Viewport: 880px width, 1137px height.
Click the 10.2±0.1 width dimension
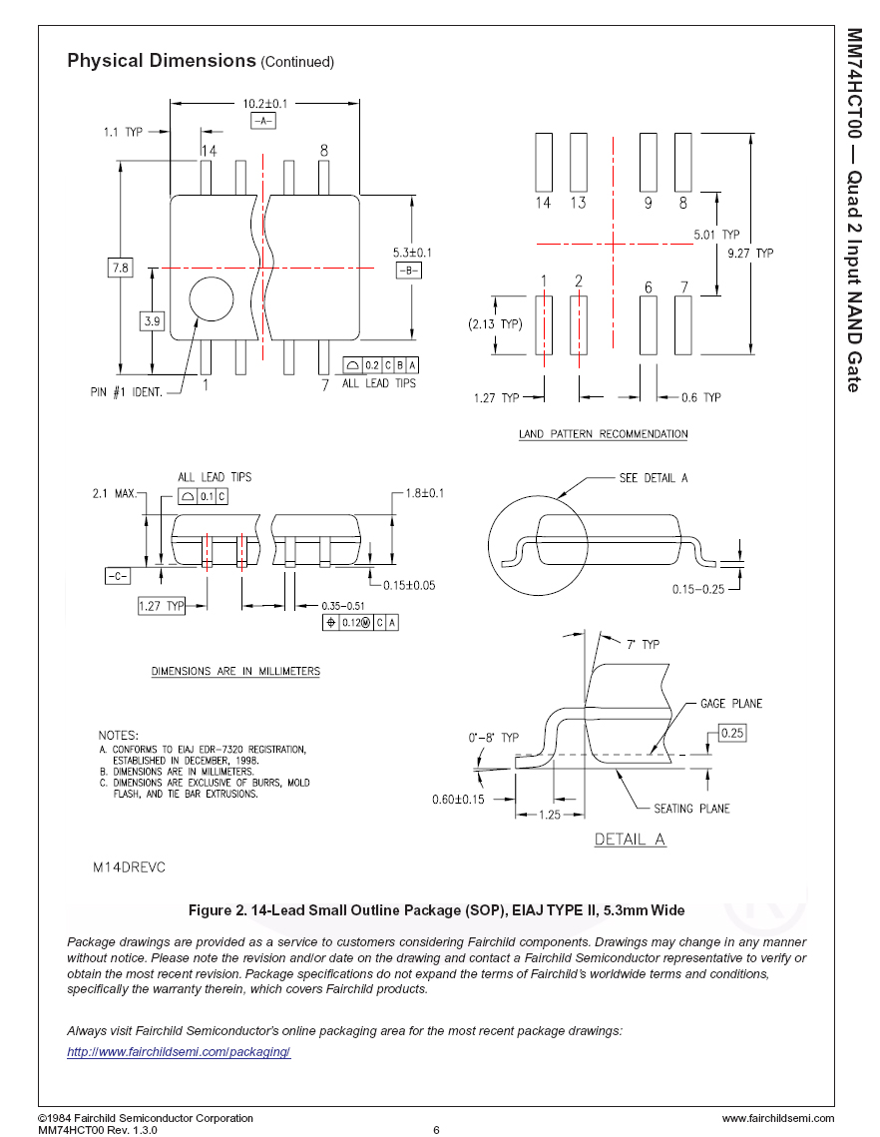click(264, 104)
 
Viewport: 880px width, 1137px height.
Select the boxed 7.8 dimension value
click(121, 268)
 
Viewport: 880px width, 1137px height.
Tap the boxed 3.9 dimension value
click(153, 320)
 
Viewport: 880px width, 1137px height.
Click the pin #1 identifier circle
click(212, 298)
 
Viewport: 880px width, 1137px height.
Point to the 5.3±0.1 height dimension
click(412, 253)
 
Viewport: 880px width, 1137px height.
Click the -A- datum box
click(263, 121)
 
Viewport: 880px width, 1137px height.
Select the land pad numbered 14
click(544, 162)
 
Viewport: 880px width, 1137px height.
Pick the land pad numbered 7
click(682, 324)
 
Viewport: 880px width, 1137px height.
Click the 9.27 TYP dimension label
click(750, 254)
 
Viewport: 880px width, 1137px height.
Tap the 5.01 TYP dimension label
click(716, 235)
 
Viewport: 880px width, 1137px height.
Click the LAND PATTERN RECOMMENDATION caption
click(603, 433)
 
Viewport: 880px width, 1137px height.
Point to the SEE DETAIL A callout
click(654, 478)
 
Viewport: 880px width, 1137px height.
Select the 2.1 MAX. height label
click(115, 493)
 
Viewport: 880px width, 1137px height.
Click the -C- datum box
click(118, 576)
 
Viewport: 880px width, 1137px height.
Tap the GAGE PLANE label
click(730, 704)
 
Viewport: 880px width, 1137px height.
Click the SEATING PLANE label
click(691, 809)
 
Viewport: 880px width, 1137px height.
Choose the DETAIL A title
click(630, 839)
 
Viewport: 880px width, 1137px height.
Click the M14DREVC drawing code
click(129, 867)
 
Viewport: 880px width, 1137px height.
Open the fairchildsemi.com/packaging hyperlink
click(179, 1051)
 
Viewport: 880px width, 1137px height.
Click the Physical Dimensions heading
click(162, 60)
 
